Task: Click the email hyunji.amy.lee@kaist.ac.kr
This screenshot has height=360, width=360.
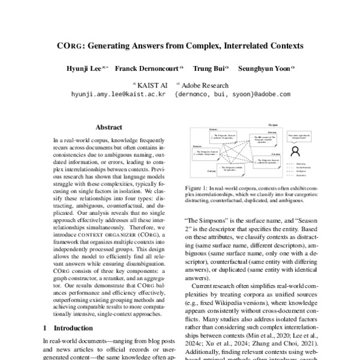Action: (118, 94)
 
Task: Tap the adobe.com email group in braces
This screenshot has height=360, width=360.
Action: (232, 94)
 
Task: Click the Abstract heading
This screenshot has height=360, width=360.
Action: (109, 127)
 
